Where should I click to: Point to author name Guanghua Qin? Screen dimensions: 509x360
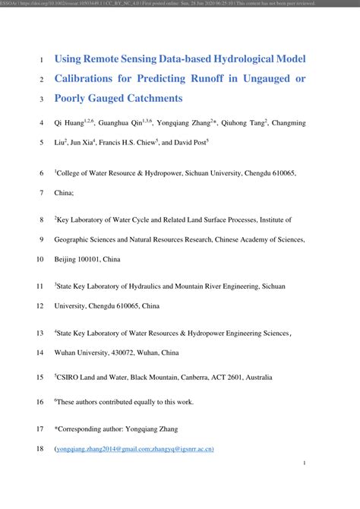point(122,122)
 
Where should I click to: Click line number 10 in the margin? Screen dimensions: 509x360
point(40,259)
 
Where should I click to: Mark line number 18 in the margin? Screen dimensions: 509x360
point(40,449)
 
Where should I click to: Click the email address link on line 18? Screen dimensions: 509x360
point(134,449)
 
